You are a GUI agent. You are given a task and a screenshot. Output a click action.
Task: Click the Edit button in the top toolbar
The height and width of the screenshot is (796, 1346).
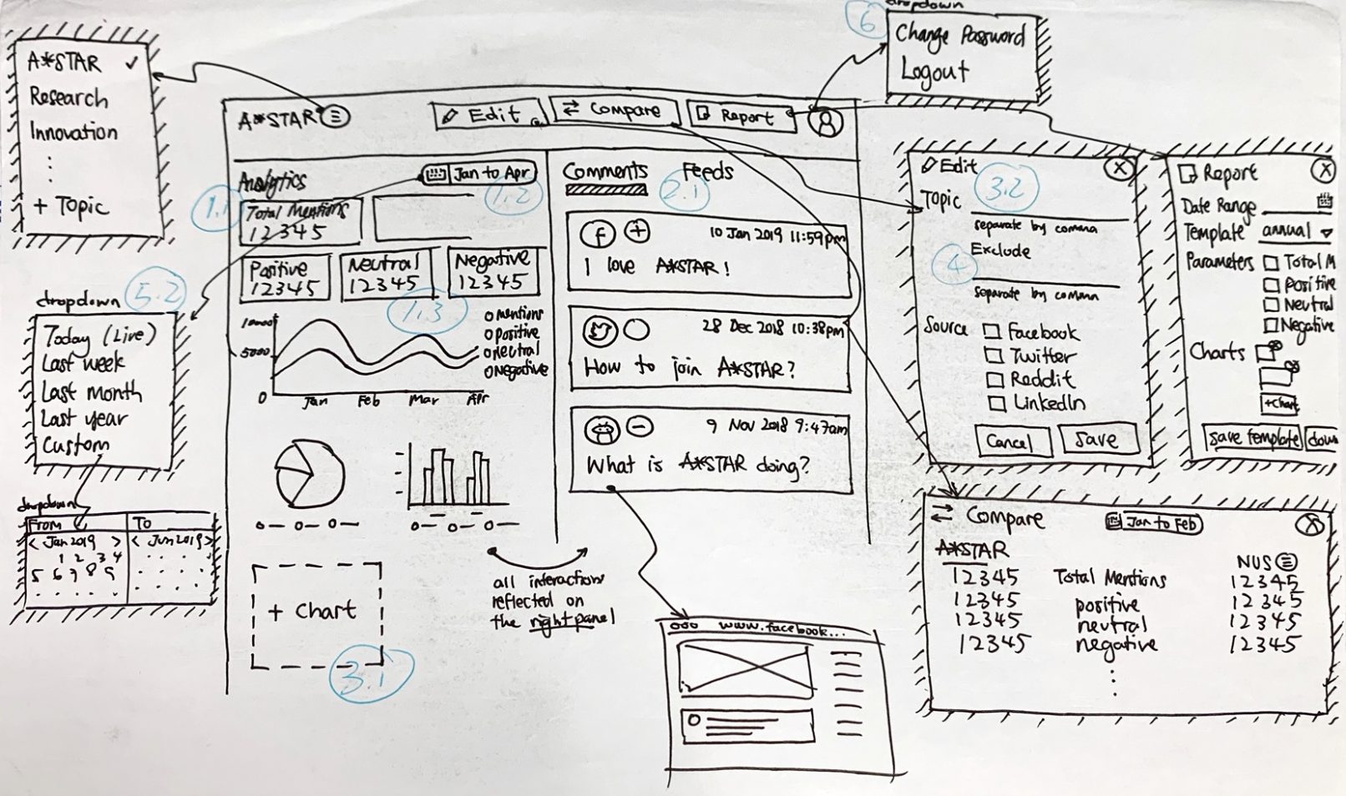[488, 115]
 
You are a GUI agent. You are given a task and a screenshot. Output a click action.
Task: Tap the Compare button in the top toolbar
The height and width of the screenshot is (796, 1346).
[614, 110]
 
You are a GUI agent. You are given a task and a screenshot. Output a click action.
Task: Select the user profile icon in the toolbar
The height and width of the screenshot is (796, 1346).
[827, 123]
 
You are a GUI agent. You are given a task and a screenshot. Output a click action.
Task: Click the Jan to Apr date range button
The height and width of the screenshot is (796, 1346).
[479, 174]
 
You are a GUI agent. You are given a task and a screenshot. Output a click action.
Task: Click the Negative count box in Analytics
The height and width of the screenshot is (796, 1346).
[493, 273]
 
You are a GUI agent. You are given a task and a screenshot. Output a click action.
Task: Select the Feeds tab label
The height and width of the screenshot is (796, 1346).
[707, 172]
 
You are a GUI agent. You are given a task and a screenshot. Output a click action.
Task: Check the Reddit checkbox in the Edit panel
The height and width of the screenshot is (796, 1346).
[994, 380]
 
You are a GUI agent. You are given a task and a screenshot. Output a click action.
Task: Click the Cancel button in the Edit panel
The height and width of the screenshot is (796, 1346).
[1012, 441]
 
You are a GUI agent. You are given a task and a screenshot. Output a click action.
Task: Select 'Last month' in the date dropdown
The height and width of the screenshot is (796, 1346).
[92, 392]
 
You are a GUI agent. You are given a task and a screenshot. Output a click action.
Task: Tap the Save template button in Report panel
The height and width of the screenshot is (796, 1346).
[1252, 437]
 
